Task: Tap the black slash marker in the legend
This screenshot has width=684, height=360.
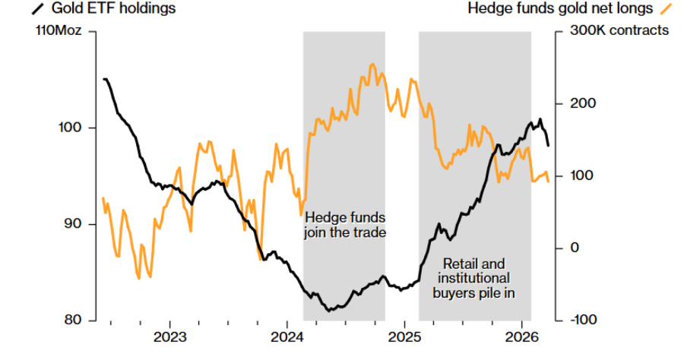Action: (36, 9)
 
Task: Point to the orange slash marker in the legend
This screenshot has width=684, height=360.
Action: (666, 9)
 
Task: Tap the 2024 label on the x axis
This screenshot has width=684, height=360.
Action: (287, 336)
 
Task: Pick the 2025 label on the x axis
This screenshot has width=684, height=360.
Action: (405, 336)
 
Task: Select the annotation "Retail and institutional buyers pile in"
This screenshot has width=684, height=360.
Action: (475, 277)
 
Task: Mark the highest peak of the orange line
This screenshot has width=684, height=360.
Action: (372, 65)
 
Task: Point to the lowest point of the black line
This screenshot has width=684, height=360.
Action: (329, 311)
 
